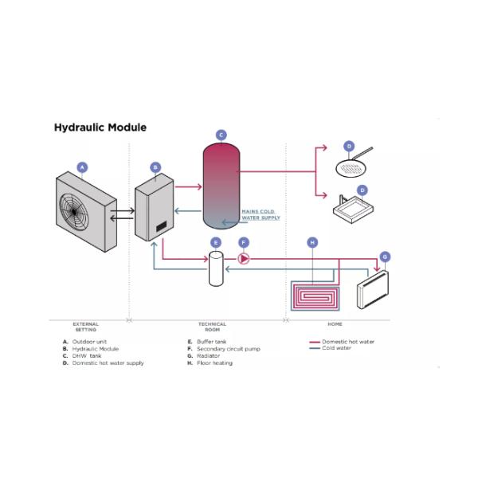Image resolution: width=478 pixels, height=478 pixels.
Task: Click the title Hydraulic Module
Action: pyautogui.click(x=100, y=127)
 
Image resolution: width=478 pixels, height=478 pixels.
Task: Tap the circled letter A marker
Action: pyautogui.click(x=81, y=167)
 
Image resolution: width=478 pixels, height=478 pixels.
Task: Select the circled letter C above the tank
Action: pyautogui.click(x=221, y=135)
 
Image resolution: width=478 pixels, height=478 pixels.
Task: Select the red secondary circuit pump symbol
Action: pyautogui.click(x=244, y=258)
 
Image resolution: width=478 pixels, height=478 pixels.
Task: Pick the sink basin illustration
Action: pyautogui.click(x=354, y=211)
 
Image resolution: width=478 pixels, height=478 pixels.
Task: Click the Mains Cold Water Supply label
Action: pyautogui.click(x=261, y=214)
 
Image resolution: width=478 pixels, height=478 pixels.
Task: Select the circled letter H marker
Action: pyautogui.click(x=312, y=241)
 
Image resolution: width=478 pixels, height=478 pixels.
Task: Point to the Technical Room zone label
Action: pyautogui.click(x=212, y=327)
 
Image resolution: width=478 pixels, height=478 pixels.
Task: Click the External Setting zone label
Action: pyautogui.click(x=85, y=327)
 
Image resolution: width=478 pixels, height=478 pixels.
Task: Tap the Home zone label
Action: pyautogui.click(x=335, y=324)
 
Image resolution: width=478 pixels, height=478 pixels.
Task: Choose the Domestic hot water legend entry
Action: pyautogui.click(x=347, y=342)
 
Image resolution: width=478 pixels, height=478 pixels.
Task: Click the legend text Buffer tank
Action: pyautogui.click(x=212, y=342)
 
